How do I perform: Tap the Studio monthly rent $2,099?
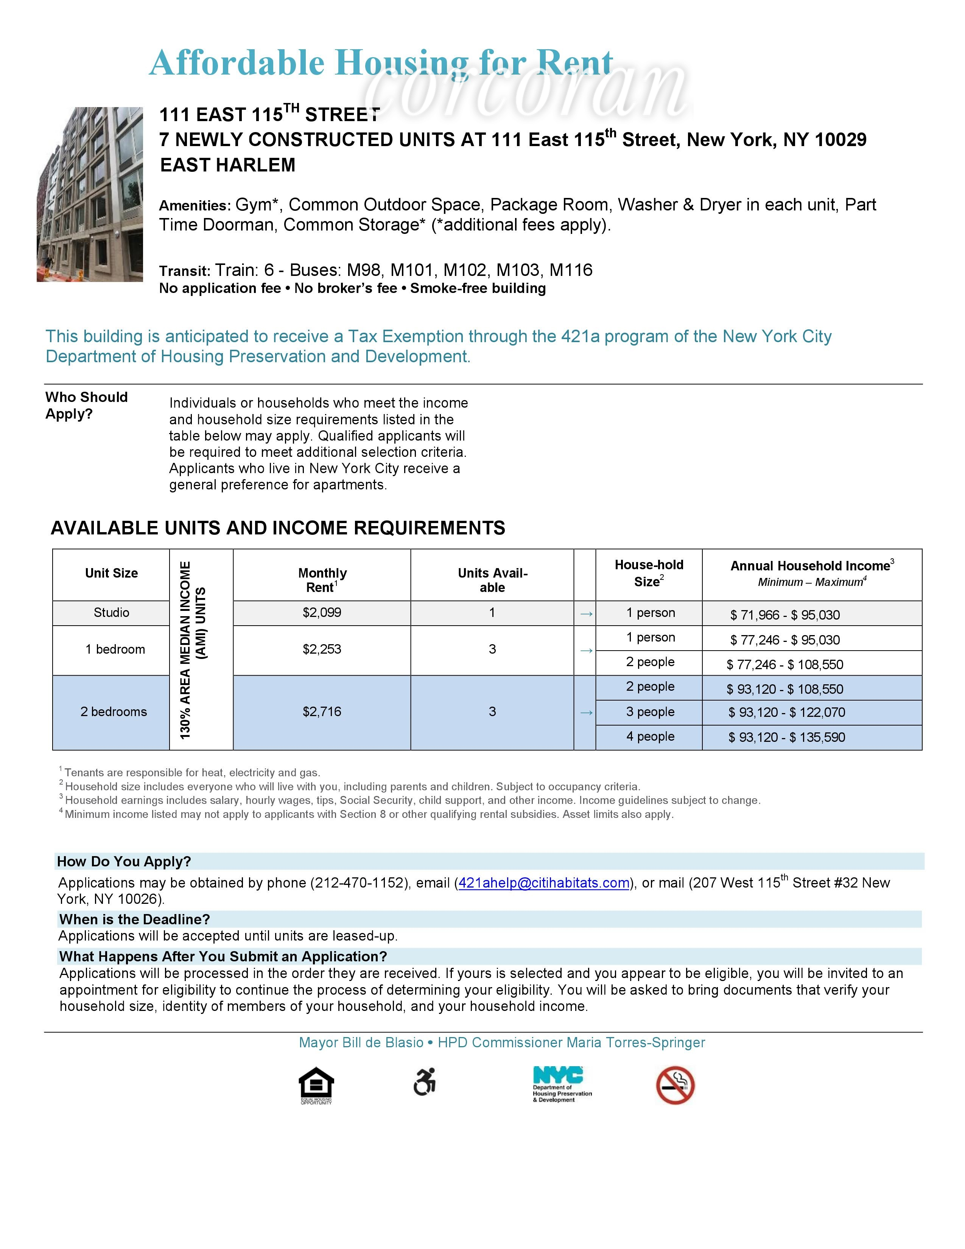point(322,612)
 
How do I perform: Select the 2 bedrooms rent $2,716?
point(322,712)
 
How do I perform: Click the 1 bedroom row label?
point(115,649)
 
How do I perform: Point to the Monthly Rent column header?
point(322,579)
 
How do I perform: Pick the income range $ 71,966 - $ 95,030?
point(784,615)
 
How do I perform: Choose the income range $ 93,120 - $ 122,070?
point(786,713)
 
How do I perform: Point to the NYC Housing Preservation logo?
point(561,1084)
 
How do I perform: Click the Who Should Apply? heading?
point(86,405)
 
